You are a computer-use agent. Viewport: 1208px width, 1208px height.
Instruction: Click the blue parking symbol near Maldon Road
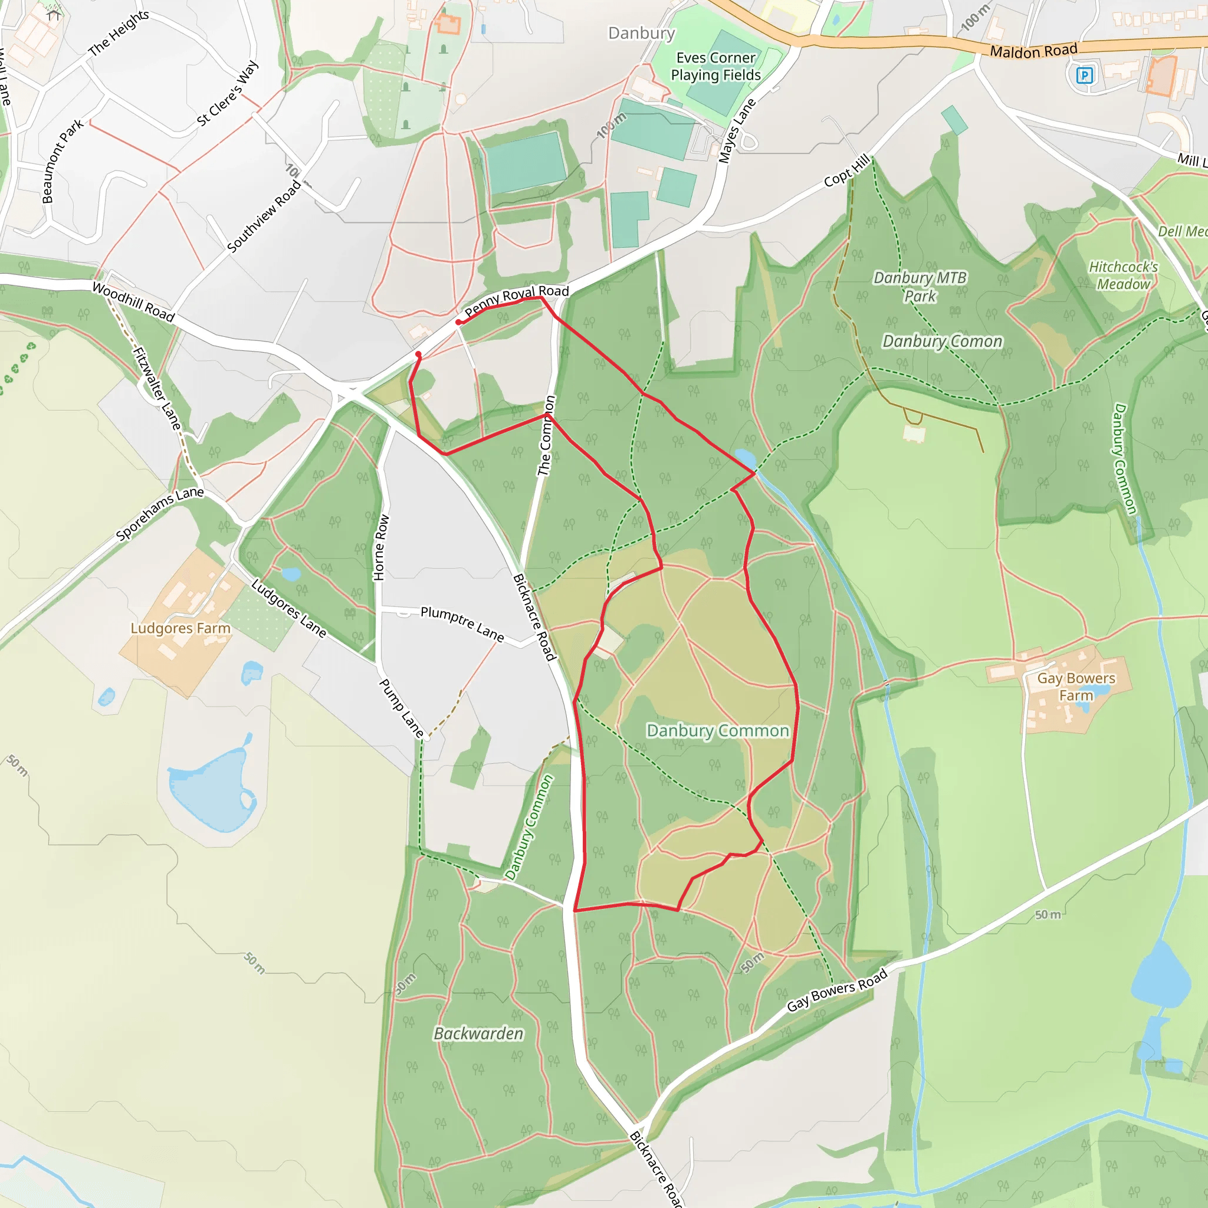pyautogui.click(x=1084, y=75)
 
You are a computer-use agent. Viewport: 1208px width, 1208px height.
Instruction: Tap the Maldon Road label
pyautogui.click(x=1033, y=51)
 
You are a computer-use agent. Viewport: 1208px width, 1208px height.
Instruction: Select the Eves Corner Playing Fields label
pyautogui.click(x=715, y=66)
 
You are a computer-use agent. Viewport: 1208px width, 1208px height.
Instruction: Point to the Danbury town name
pyautogui.click(x=641, y=33)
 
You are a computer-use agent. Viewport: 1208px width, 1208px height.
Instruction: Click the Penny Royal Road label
pyautogui.click(x=517, y=300)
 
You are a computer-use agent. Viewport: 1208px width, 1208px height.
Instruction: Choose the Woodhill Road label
pyautogui.click(x=133, y=301)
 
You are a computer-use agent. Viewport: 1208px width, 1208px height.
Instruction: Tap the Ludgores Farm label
pyautogui.click(x=180, y=628)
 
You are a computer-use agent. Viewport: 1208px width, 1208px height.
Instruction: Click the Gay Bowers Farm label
pyautogui.click(x=1075, y=687)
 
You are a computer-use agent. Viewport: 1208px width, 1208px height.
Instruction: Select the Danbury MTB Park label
pyautogui.click(x=920, y=286)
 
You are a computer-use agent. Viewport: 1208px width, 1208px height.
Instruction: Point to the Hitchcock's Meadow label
pyautogui.click(x=1123, y=275)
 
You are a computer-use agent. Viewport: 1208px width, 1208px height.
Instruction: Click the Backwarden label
pyautogui.click(x=478, y=1033)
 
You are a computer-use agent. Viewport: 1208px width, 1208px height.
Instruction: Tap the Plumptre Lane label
pyautogui.click(x=462, y=623)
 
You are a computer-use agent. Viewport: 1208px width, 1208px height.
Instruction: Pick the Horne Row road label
pyautogui.click(x=380, y=548)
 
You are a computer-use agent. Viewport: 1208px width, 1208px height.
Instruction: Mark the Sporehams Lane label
pyautogui.click(x=159, y=513)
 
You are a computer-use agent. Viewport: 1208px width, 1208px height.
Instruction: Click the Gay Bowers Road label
pyautogui.click(x=836, y=990)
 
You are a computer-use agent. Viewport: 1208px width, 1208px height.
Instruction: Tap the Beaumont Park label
pyautogui.click(x=62, y=161)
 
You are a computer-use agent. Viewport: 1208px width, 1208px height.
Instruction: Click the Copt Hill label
pyautogui.click(x=846, y=170)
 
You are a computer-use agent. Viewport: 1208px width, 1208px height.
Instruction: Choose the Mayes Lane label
pyautogui.click(x=737, y=132)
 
